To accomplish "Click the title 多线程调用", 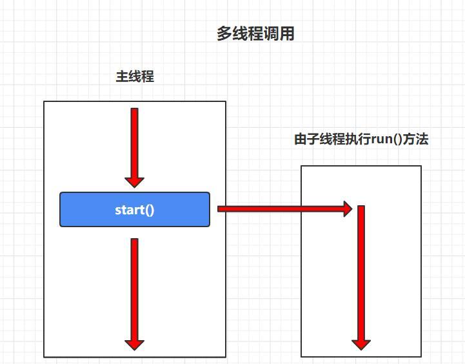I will (x=255, y=34).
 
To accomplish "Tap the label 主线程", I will (x=135, y=77).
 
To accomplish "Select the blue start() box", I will (x=135, y=209).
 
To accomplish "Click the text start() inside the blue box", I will (x=135, y=210).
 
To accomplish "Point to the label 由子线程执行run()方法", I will (x=361, y=139).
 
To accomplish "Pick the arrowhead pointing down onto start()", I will (x=134, y=180).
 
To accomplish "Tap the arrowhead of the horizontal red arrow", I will (x=347, y=208).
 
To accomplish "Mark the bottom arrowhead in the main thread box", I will (x=134, y=343).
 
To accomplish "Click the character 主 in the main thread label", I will (x=122, y=77).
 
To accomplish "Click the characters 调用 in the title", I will (x=279, y=34).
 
